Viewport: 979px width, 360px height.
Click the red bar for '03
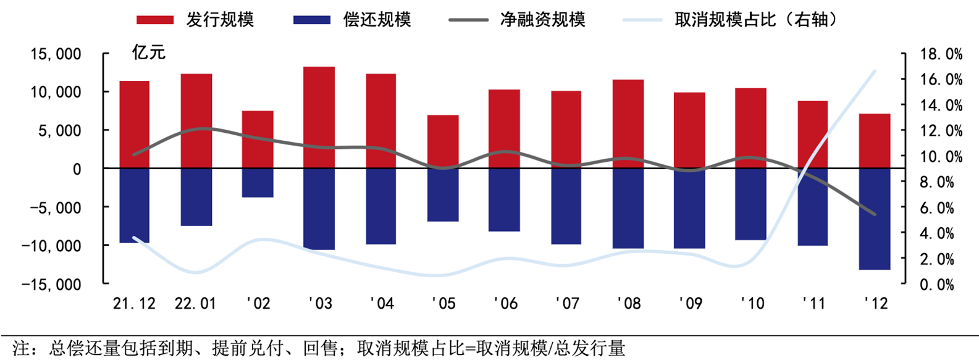[x=319, y=117]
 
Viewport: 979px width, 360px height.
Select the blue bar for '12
[x=875, y=219]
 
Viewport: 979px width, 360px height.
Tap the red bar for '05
[x=443, y=141]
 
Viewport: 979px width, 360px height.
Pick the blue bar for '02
[x=258, y=183]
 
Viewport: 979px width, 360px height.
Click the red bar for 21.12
[x=134, y=124]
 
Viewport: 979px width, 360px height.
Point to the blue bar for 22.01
[x=196, y=197]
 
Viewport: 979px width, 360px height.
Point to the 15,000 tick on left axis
[x=56, y=54]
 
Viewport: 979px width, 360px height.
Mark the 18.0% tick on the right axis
[x=941, y=54]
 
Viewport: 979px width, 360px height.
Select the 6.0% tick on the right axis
[x=941, y=208]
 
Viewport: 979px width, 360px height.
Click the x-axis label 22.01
[x=196, y=303]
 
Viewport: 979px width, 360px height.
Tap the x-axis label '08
[x=629, y=303]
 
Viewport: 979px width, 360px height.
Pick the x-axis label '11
[x=813, y=303]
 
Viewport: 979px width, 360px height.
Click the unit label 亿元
[x=148, y=52]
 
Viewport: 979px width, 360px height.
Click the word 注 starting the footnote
[x=20, y=348]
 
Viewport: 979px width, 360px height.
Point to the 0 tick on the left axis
[x=77, y=169]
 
